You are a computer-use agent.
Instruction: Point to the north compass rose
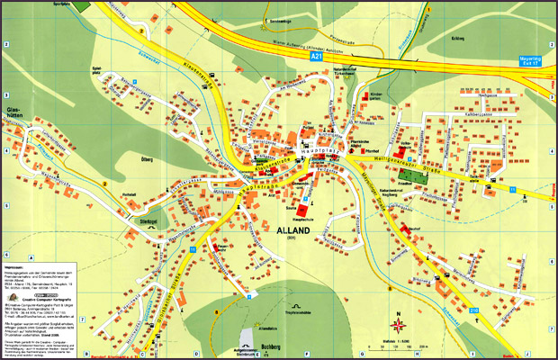coord(397,321)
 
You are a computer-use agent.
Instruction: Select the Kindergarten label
coord(376,95)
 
